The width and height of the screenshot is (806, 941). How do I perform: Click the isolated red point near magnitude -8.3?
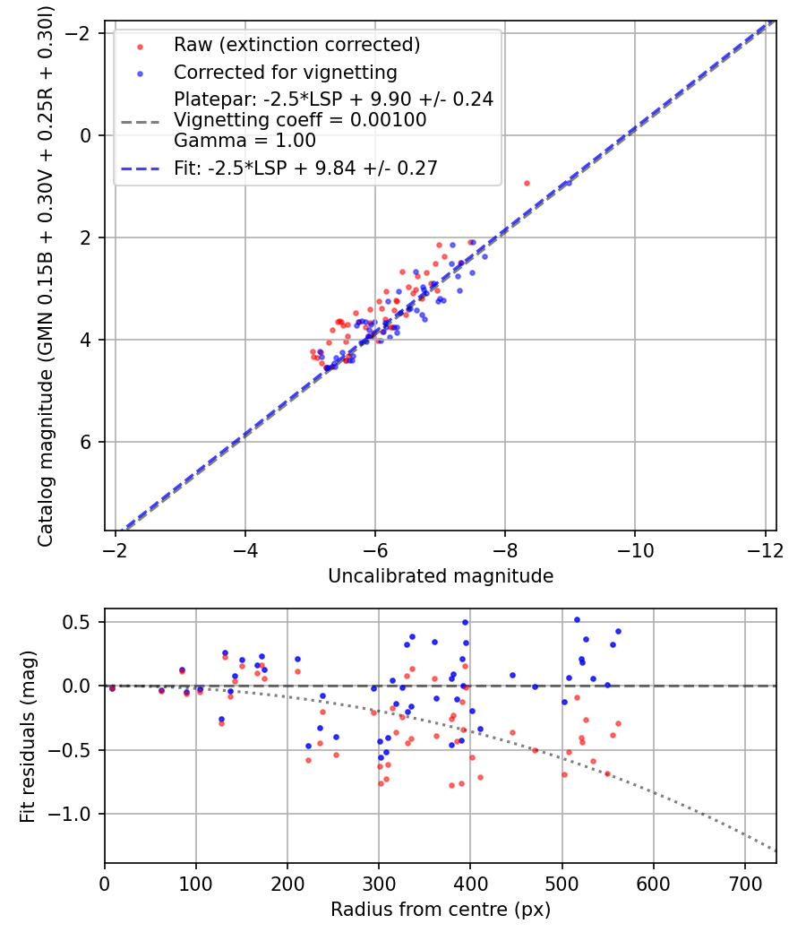click(527, 183)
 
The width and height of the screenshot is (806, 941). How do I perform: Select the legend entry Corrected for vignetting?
click(285, 72)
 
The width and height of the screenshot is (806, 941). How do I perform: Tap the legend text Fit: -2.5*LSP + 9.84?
click(304, 168)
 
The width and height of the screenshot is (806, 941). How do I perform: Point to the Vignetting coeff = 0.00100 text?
click(300, 120)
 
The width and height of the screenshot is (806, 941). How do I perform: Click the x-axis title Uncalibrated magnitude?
click(440, 576)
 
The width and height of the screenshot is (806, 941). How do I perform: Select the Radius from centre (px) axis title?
click(440, 910)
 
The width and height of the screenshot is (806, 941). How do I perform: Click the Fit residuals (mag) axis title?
click(28, 737)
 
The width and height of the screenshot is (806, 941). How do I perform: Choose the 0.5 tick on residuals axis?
click(82, 622)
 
